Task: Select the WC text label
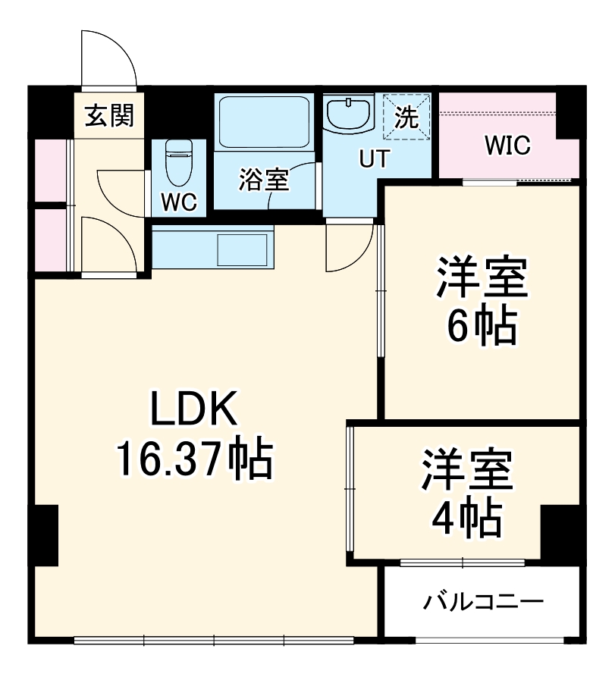(180, 202)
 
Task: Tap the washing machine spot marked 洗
(406, 117)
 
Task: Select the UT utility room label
(373, 159)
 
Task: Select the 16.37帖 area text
(194, 457)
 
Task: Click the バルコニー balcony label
(484, 603)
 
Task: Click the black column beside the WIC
(571, 114)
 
